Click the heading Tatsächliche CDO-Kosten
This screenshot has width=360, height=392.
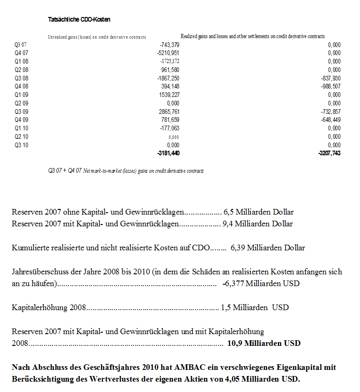(x=79, y=20)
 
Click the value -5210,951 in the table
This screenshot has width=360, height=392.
(x=168, y=53)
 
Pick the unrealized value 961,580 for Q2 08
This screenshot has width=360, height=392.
(x=170, y=70)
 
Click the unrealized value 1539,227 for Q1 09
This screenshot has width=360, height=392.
(x=169, y=95)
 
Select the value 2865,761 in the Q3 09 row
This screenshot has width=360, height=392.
(x=169, y=112)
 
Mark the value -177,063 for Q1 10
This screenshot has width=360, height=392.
(x=170, y=128)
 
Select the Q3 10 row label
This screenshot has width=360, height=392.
(x=20, y=145)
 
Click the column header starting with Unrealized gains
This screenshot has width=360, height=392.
(x=97, y=37)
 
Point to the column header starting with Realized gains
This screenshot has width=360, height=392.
(x=253, y=36)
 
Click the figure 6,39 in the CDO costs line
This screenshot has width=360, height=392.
(x=238, y=248)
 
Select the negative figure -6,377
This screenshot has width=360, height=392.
(x=232, y=284)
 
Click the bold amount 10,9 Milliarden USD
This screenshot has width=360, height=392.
(x=264, y=343)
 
